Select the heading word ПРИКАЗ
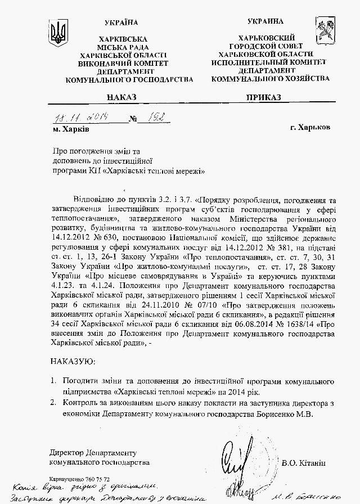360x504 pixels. [263, 97]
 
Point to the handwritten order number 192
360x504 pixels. [151, 119]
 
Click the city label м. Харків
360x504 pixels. [70, 129]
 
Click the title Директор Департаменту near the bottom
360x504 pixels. [92, 452]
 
